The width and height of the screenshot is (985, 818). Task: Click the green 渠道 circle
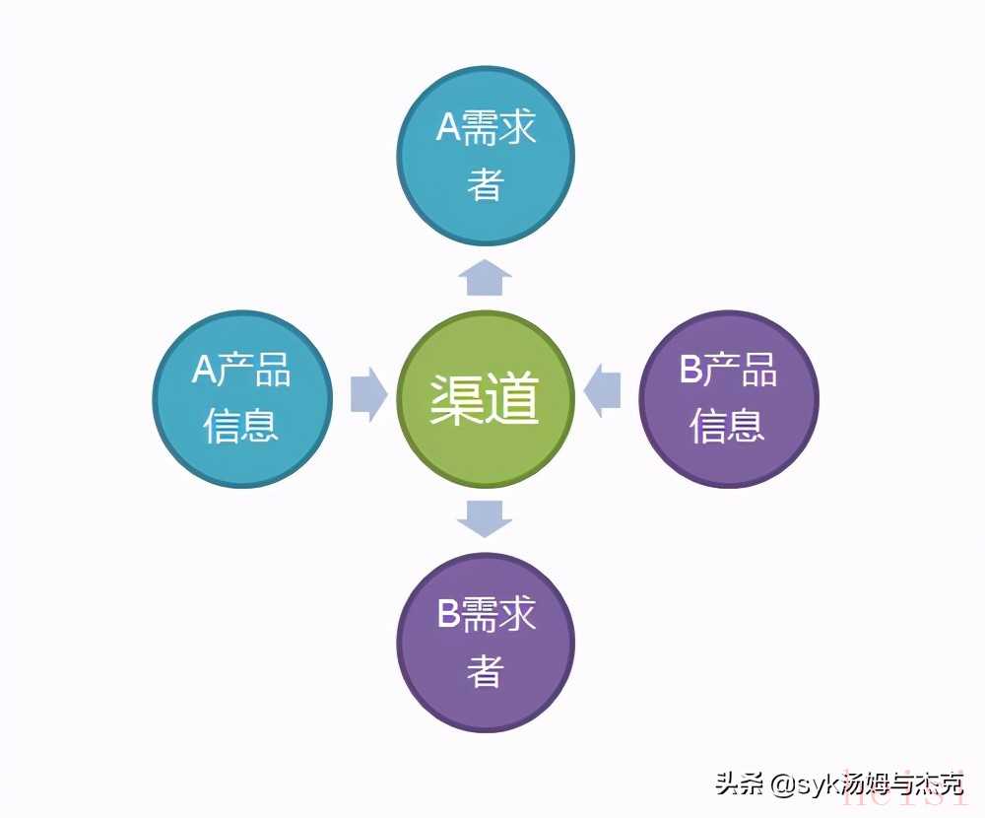coord(486,398)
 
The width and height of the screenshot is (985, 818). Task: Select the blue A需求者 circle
coord(486,156)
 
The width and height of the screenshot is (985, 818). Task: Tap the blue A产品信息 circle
coord(242,398)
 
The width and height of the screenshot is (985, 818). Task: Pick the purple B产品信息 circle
coord(729,398)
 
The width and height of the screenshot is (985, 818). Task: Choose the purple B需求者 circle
coord(486,642)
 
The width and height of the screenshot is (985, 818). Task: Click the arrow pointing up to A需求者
coord(485,277)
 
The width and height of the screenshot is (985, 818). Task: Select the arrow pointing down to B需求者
coord(485,518)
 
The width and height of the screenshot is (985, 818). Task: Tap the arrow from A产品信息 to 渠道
coord(368,395)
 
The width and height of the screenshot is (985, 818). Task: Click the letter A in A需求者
coord(449,127)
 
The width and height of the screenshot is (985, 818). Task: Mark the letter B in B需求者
coord(449,613)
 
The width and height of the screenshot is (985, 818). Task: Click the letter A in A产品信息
coord(204,369)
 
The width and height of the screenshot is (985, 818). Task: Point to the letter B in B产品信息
coord(691,369)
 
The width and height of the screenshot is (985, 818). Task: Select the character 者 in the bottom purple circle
coord(486,670)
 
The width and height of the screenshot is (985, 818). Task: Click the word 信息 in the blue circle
coord(241,426)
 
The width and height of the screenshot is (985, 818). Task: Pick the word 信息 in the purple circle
coord(728,426)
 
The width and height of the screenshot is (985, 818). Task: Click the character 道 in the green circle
coord(513,398)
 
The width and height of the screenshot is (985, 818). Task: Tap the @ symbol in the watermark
coord(783,784)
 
